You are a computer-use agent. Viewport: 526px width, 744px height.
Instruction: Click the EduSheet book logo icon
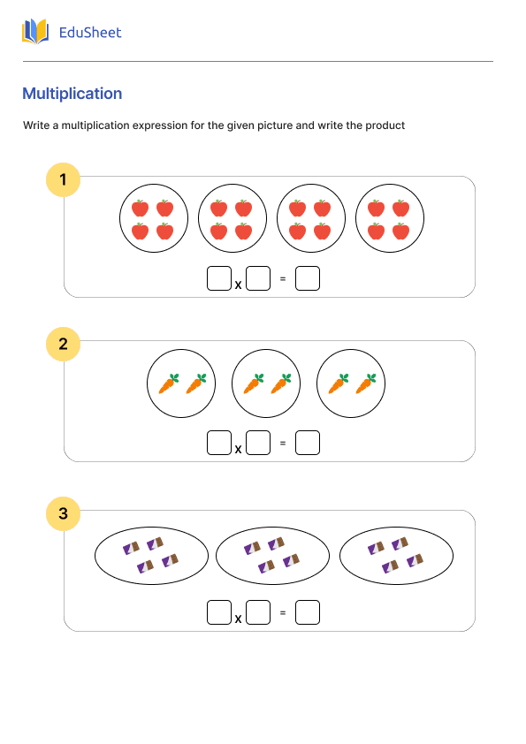pos(35,32)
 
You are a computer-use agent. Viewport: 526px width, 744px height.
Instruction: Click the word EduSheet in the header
pos(89,33)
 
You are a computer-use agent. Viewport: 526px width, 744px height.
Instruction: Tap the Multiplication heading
pos(72,94)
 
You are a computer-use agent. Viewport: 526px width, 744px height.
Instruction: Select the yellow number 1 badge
pos(63,180)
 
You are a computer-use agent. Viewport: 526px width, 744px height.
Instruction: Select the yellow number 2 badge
pos(63,344)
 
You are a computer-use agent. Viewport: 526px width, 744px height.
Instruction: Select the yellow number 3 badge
pos(63,513)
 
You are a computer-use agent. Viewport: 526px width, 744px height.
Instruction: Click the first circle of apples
pos(153,219)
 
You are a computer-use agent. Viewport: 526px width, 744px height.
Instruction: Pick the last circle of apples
pos(389,219)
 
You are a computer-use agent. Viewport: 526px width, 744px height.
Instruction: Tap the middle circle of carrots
pos(266,383)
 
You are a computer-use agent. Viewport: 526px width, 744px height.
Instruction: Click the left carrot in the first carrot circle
pos(168,383)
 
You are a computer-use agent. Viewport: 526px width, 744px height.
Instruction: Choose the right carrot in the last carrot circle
pos(365,383)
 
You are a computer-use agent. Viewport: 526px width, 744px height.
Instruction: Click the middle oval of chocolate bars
pos(272,556)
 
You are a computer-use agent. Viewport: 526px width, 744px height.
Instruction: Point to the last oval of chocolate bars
pos(396,556)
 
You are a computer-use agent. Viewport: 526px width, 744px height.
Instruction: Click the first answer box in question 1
pos(219,278)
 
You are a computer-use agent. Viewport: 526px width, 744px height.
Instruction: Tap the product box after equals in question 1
pos(308,278)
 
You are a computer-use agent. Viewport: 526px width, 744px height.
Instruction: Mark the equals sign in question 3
pos(283,613)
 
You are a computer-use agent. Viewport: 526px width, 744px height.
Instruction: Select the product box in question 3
pos(308,612)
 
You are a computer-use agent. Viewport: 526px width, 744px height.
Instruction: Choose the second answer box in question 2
pos(258,443)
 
